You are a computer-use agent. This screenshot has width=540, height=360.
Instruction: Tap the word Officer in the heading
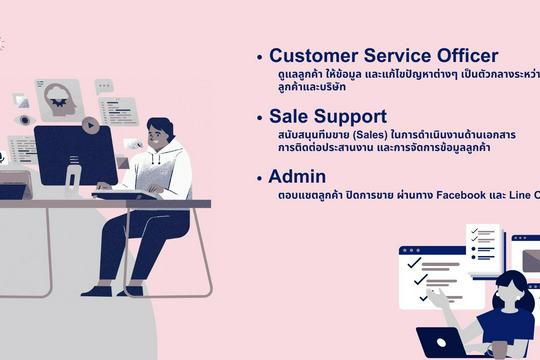click(x=486, y=56)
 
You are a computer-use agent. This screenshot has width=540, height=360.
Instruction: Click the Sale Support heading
click(x=327, y=117)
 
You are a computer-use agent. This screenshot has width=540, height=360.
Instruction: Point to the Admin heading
click(x=297, y=177)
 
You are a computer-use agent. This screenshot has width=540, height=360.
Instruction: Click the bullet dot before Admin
click(x=260, y=179)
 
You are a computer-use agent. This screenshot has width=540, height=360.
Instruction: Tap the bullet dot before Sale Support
click(x=260, y=119)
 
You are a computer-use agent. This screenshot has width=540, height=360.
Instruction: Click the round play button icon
click(x=90, y=125)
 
